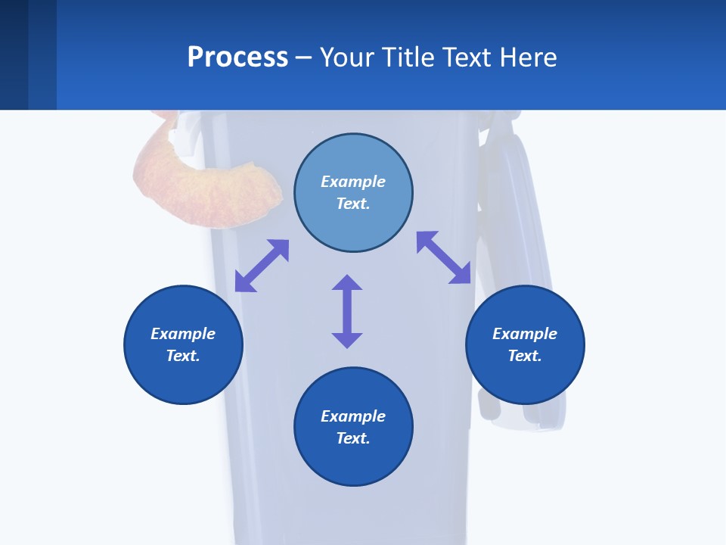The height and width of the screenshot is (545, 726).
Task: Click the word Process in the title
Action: (x=237, y=58)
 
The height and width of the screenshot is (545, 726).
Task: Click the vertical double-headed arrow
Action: (x=347, y=312)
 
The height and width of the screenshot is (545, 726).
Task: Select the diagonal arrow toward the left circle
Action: (x=262, y=266)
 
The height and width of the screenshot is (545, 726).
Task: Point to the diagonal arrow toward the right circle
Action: (x=444, y=257)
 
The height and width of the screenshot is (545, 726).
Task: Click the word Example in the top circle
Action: (x=353, y=182)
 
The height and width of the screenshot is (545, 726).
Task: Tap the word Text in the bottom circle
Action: (x=353, y=438)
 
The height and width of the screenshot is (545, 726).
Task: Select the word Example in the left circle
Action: (x=183, y=334)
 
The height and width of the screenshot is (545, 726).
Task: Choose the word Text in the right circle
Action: (x=525, y=356)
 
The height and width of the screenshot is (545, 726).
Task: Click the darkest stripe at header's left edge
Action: (x=14, y=54)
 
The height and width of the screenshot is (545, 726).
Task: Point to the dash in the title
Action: (x=304, y=58)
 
